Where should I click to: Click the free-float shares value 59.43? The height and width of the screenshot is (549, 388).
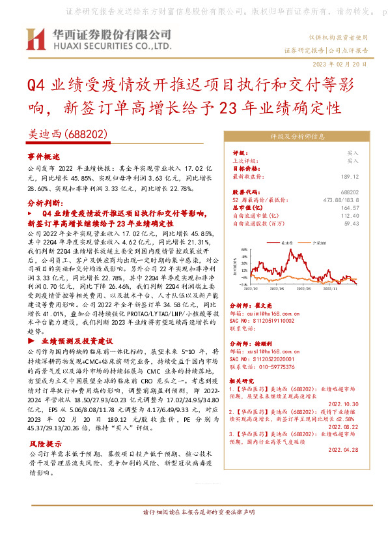coord(352,223)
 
